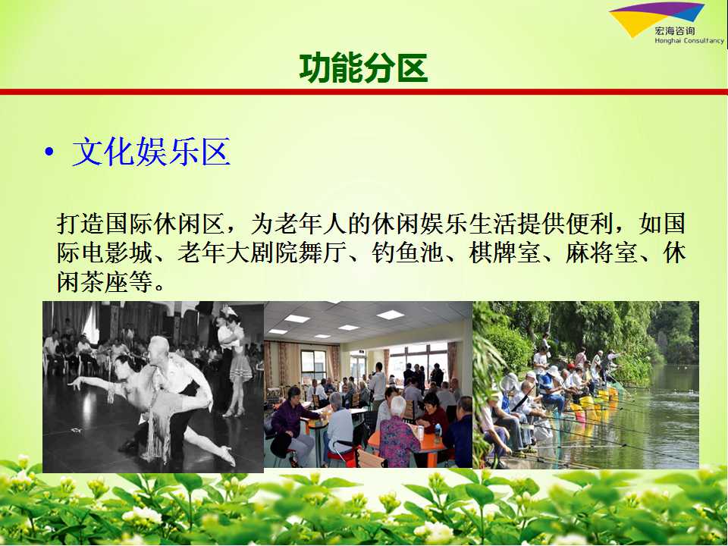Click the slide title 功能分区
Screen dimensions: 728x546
click(363, 67)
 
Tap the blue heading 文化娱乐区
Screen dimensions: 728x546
click(152, 152)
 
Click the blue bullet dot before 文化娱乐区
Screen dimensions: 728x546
click(49, 152)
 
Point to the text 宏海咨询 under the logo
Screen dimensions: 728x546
click(675, 31)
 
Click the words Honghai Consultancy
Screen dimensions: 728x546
click(689, 41)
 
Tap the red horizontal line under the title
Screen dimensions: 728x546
click(364, 92)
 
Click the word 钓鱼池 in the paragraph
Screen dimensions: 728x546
click(407, 253)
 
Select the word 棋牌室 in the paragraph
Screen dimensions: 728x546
click(504, 253)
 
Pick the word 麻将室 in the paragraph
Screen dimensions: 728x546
click(601, 253)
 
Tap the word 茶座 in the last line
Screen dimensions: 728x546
click(105, 282)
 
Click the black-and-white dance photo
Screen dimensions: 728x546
click(153, 387)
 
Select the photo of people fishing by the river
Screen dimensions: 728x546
click(585, 384)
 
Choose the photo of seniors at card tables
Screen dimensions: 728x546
click(369, 384)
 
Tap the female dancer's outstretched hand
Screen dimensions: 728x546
click(75, 384)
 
